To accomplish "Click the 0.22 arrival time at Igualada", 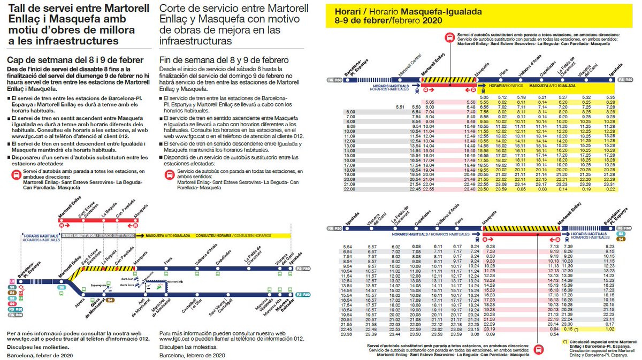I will coord(610,188).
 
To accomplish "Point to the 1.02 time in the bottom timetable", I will coord(608,330).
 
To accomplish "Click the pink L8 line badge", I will coord(12,280).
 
